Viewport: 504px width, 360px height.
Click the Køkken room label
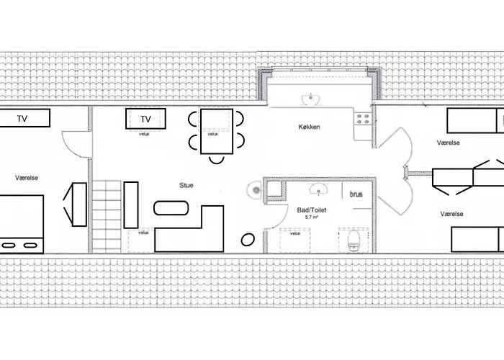coord(309,127)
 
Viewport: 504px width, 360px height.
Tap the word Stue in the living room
coord(186,185)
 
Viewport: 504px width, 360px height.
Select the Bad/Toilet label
coord(312,210)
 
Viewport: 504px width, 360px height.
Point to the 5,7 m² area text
coord(312,217)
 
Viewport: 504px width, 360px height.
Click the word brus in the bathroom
coord(356,194)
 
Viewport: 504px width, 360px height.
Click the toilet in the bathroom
coord(354,240)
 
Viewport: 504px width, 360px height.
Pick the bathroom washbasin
coord(318,189)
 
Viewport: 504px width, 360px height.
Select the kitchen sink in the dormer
coord(310,99)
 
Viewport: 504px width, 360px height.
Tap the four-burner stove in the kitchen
coord(363,119)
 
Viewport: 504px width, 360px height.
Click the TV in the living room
coord(145,119)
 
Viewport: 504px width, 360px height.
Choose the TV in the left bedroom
coord(22,118)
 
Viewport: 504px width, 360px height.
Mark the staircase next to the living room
coord(107,216)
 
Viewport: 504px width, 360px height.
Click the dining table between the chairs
coord(217,132)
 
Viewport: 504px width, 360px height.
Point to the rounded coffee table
coord(171,208)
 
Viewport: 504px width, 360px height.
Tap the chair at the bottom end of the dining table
coord(216,159)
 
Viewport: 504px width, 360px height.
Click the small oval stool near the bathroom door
coord(248,240)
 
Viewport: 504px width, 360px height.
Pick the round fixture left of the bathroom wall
coord(255,190)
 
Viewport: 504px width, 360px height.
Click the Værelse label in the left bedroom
coord(27,178)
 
